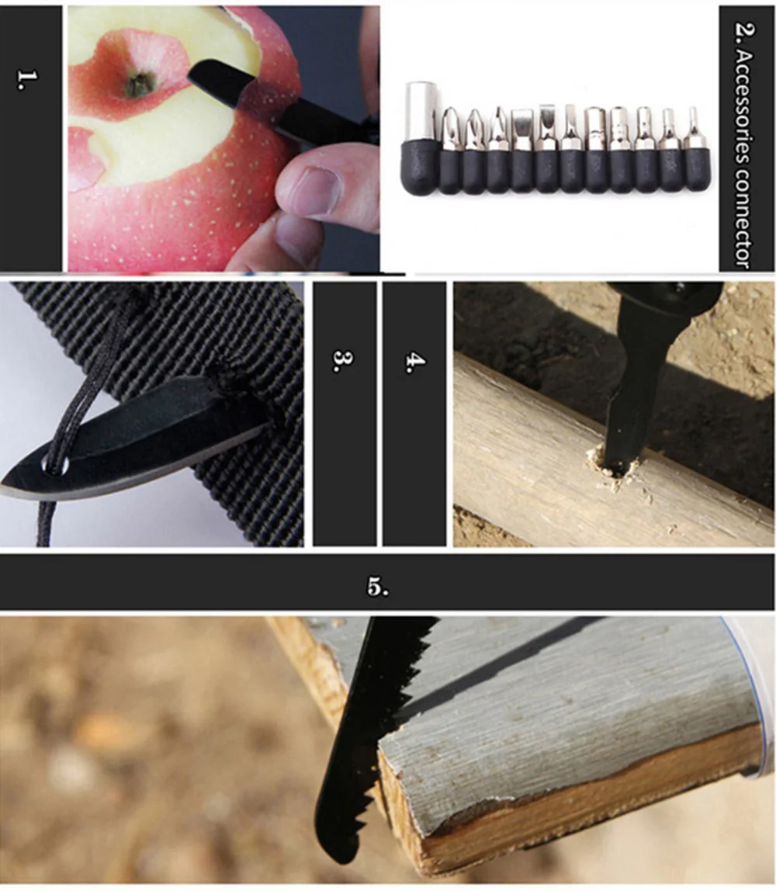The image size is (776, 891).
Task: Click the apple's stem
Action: pyautogui.click(x=139, y=84)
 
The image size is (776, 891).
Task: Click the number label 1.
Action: pyautogui.click(x=27, y=80)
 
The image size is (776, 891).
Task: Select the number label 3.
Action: pyautogui.click(x=344, y=362)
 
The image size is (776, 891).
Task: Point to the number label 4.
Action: pyautogui.click(x=415, y=362)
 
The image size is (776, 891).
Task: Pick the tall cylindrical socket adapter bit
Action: pyautogui.click(x=419, y=137)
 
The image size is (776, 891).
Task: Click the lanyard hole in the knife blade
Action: pyautogui.click(x=55, y=464)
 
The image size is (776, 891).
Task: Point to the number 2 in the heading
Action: pyautogui.click(x=745, y=31)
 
